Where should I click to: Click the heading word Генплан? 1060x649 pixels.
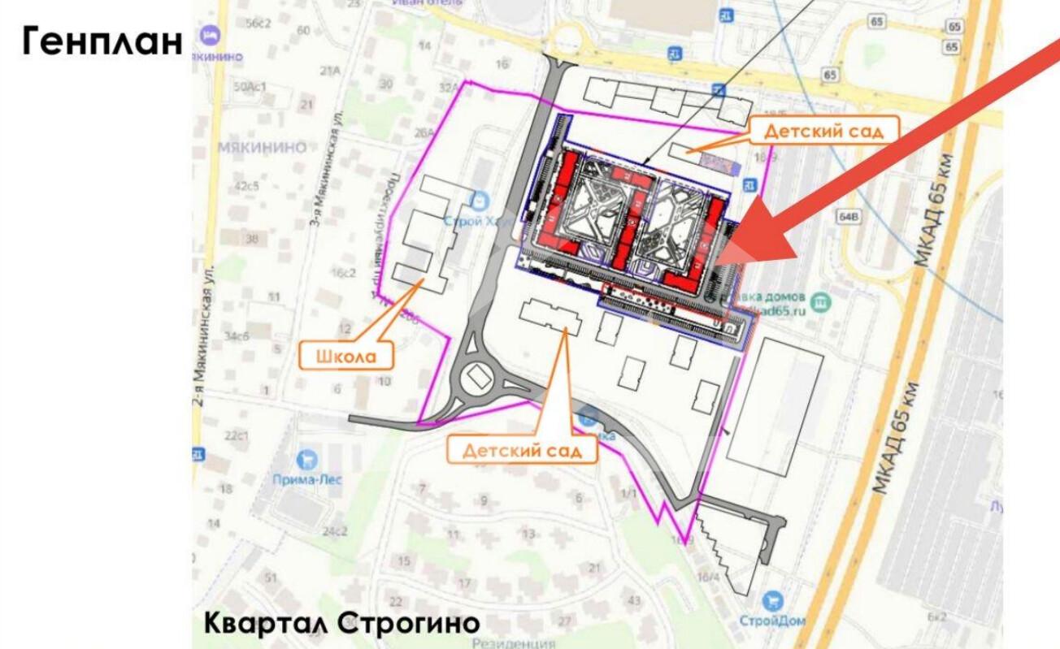click(102, 41)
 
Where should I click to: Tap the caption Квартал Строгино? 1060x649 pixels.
click(341, 624)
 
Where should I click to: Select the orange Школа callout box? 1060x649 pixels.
click(346, 356)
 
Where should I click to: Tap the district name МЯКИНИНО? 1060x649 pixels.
click(262, 148)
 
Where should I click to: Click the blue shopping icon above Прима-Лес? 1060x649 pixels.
click(306, 460)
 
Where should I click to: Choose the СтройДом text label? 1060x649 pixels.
click(772, 621)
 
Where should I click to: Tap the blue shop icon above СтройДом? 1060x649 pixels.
click(772, 602)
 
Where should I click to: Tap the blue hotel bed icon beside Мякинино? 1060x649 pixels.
click(211, 36)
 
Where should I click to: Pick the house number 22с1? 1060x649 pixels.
click(237, 436)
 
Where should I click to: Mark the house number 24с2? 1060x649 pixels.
click(334, 532)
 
